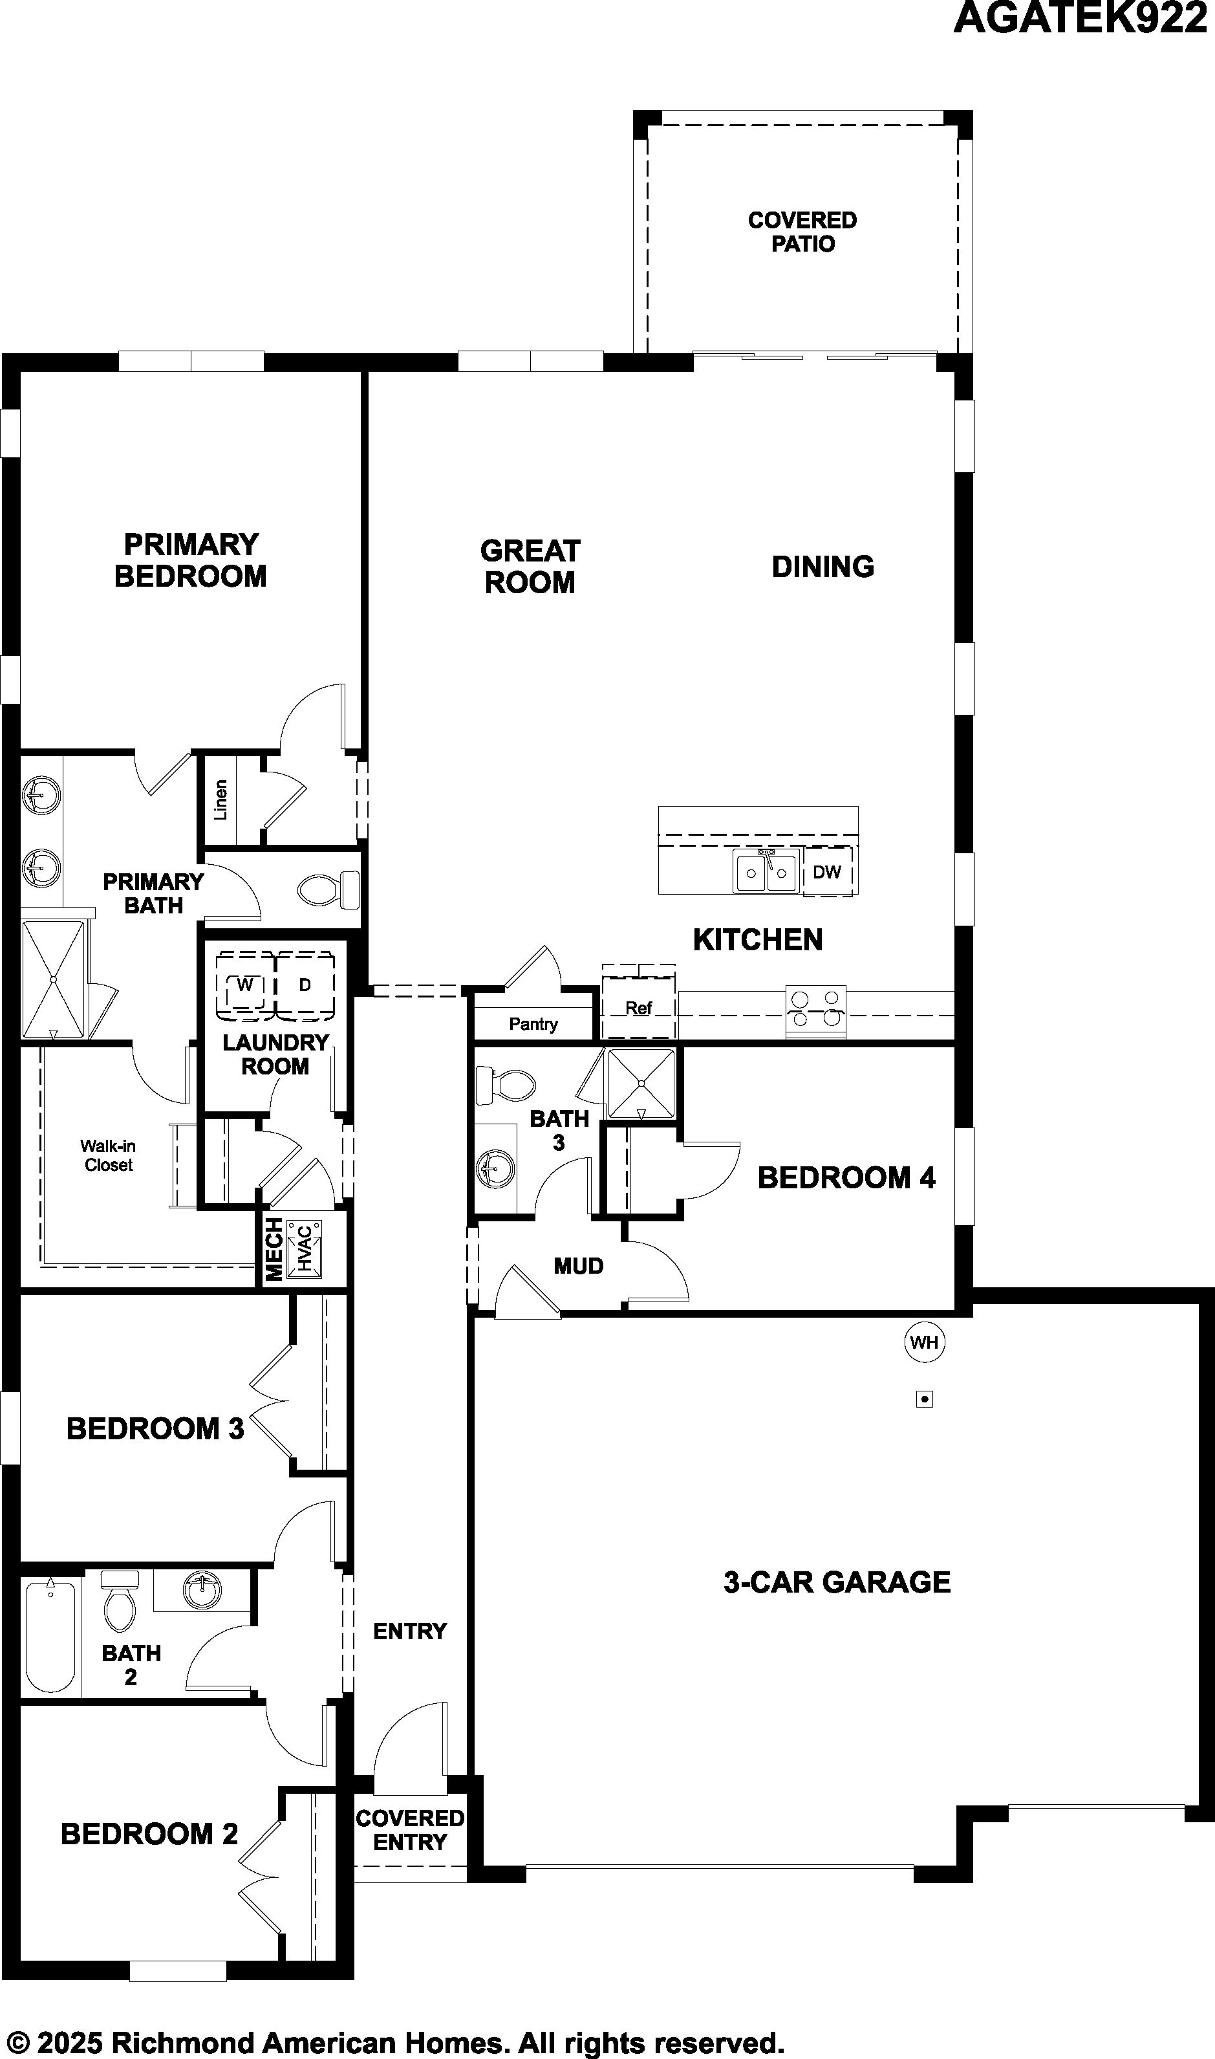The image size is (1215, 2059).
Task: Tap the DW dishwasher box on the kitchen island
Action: (x=828, y=871)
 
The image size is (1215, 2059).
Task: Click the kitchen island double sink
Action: (x=766, y=871)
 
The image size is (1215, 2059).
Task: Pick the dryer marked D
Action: (x=305, y=985)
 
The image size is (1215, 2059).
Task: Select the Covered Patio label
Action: (x=802, y=232)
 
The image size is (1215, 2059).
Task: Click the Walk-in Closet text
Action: (x=108, y=1155)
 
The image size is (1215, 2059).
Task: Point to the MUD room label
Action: (x=578, y=1266)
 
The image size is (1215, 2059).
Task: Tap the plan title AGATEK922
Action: (x=1081, y=18)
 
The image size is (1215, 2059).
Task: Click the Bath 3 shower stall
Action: (x=641, y=1084)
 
